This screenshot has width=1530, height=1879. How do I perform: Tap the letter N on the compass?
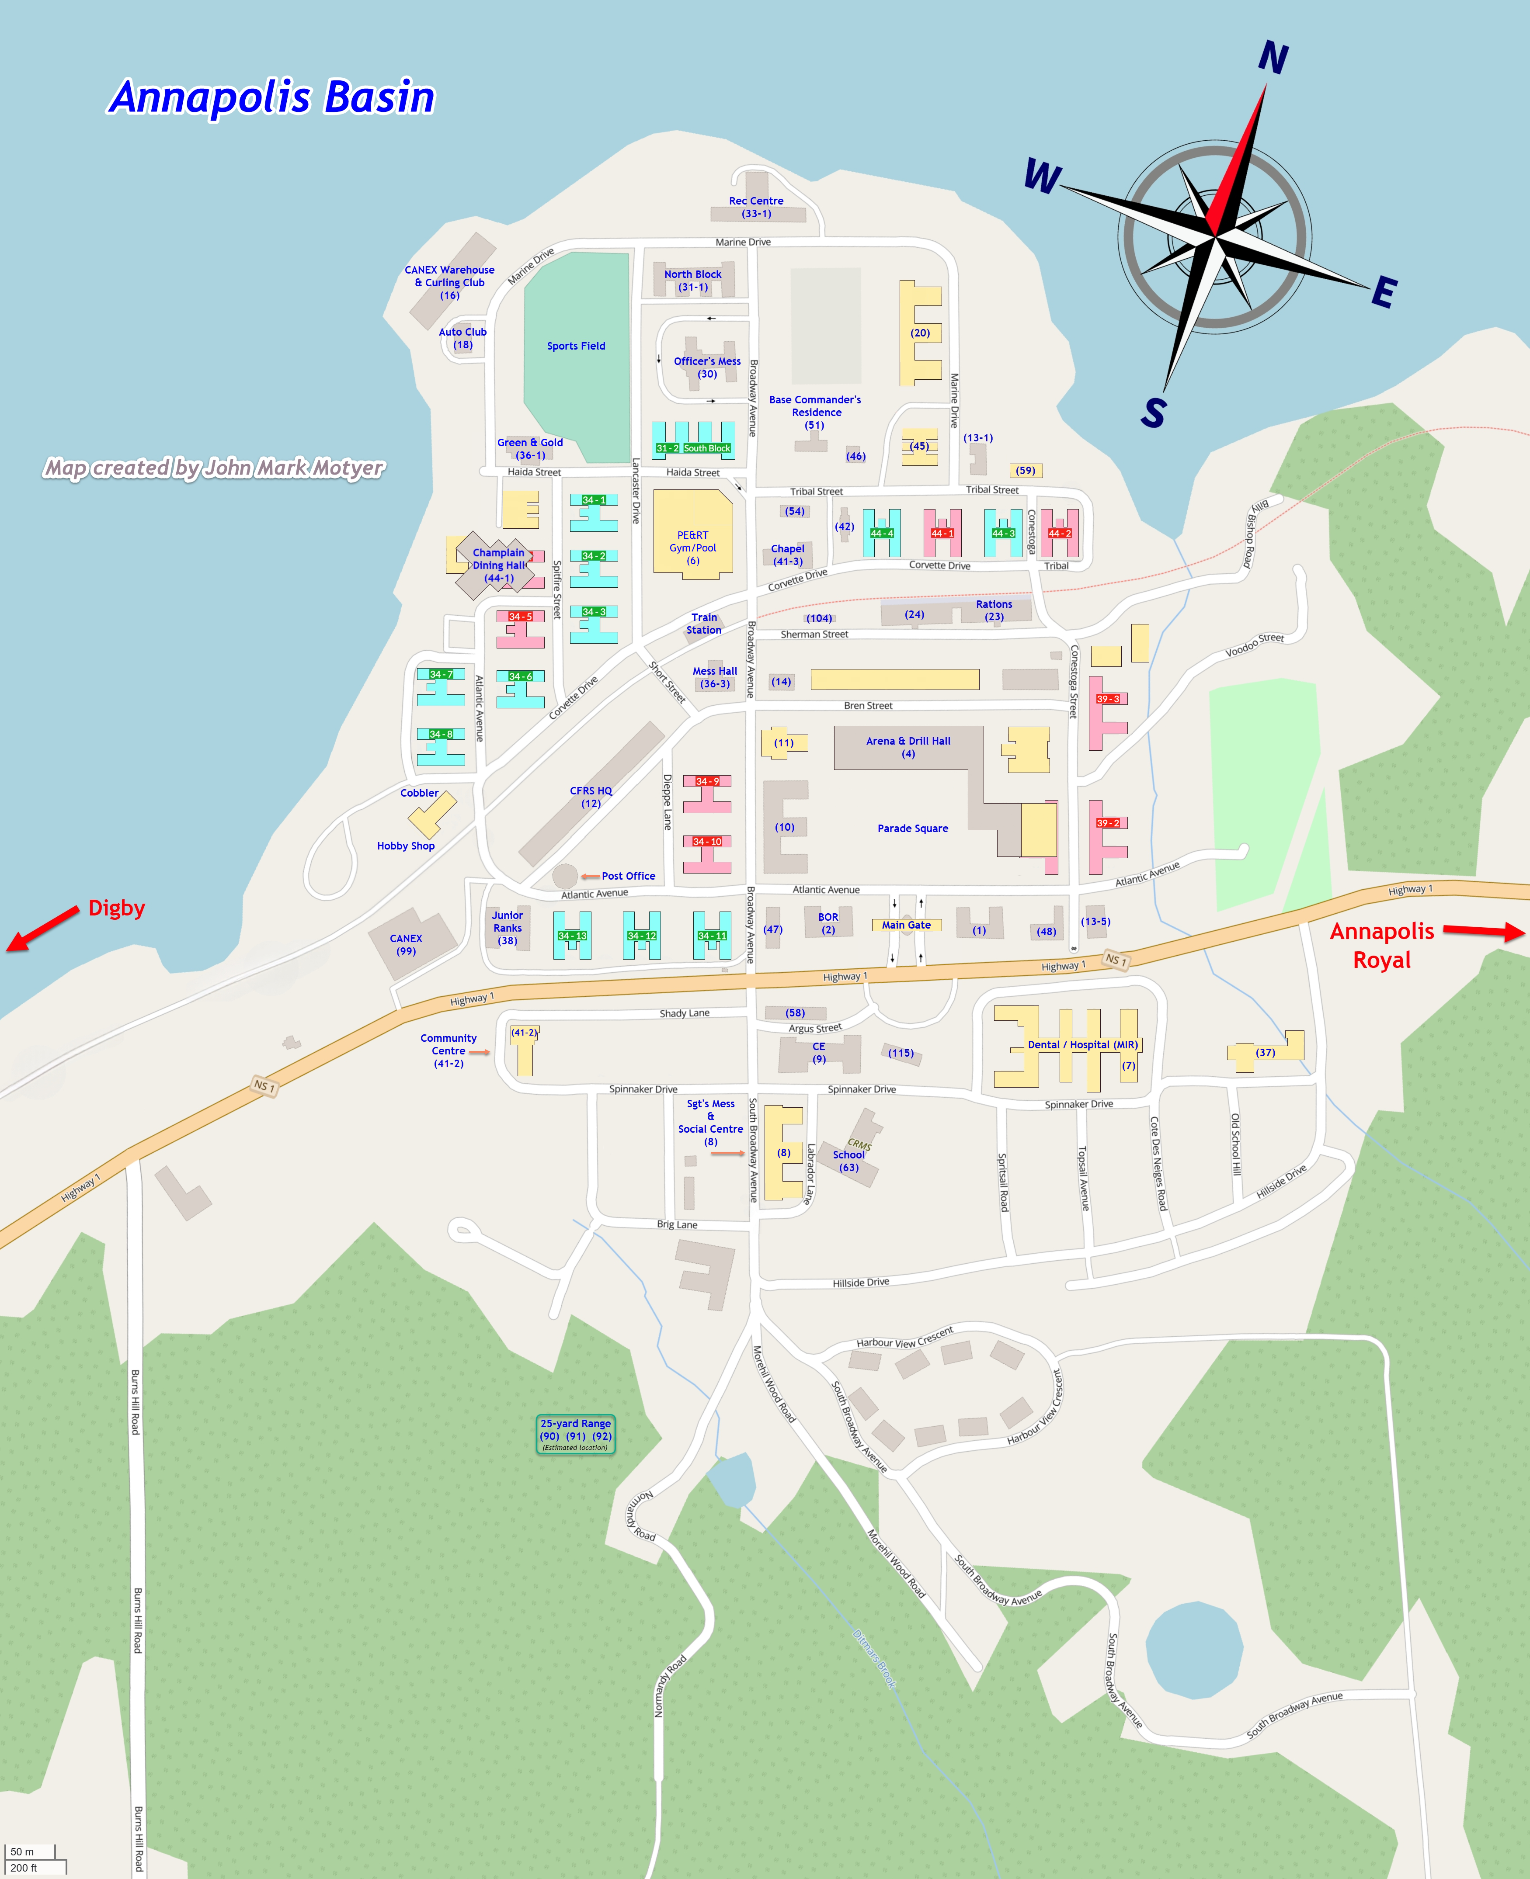[1273, 58]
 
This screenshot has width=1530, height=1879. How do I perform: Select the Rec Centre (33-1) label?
[756, 207]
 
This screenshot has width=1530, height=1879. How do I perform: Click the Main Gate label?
[906, 925]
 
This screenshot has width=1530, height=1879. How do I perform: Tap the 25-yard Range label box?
[576, 1434]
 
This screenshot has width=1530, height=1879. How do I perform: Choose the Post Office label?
[629, 876]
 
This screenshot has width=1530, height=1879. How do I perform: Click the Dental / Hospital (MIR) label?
[1082, 1045]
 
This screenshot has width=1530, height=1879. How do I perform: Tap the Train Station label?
[704, 624]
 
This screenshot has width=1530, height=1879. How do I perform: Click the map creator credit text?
[214, 468]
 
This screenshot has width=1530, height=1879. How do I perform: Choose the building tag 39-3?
[1108, 699]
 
